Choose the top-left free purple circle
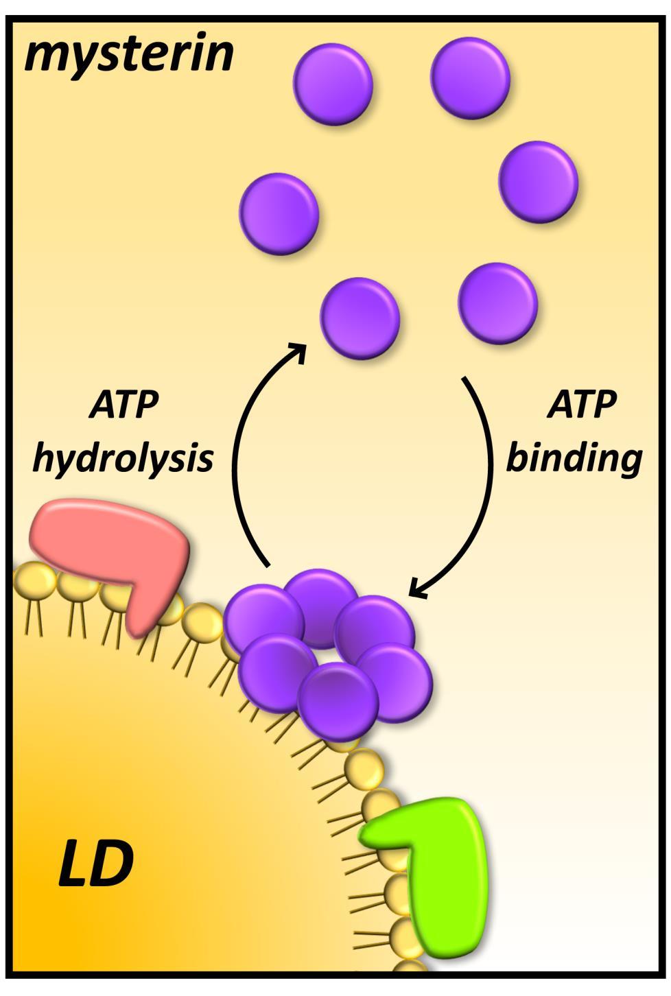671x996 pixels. click(x=333, y=84)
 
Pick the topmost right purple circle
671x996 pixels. click(x=470, y=78)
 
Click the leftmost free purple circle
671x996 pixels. click(x=279, y=213)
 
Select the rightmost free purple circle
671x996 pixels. click(x=538, y=182)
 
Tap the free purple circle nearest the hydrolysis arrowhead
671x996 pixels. click(x=360, y=318)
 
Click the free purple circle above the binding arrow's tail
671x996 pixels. click(x=497, y=303)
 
